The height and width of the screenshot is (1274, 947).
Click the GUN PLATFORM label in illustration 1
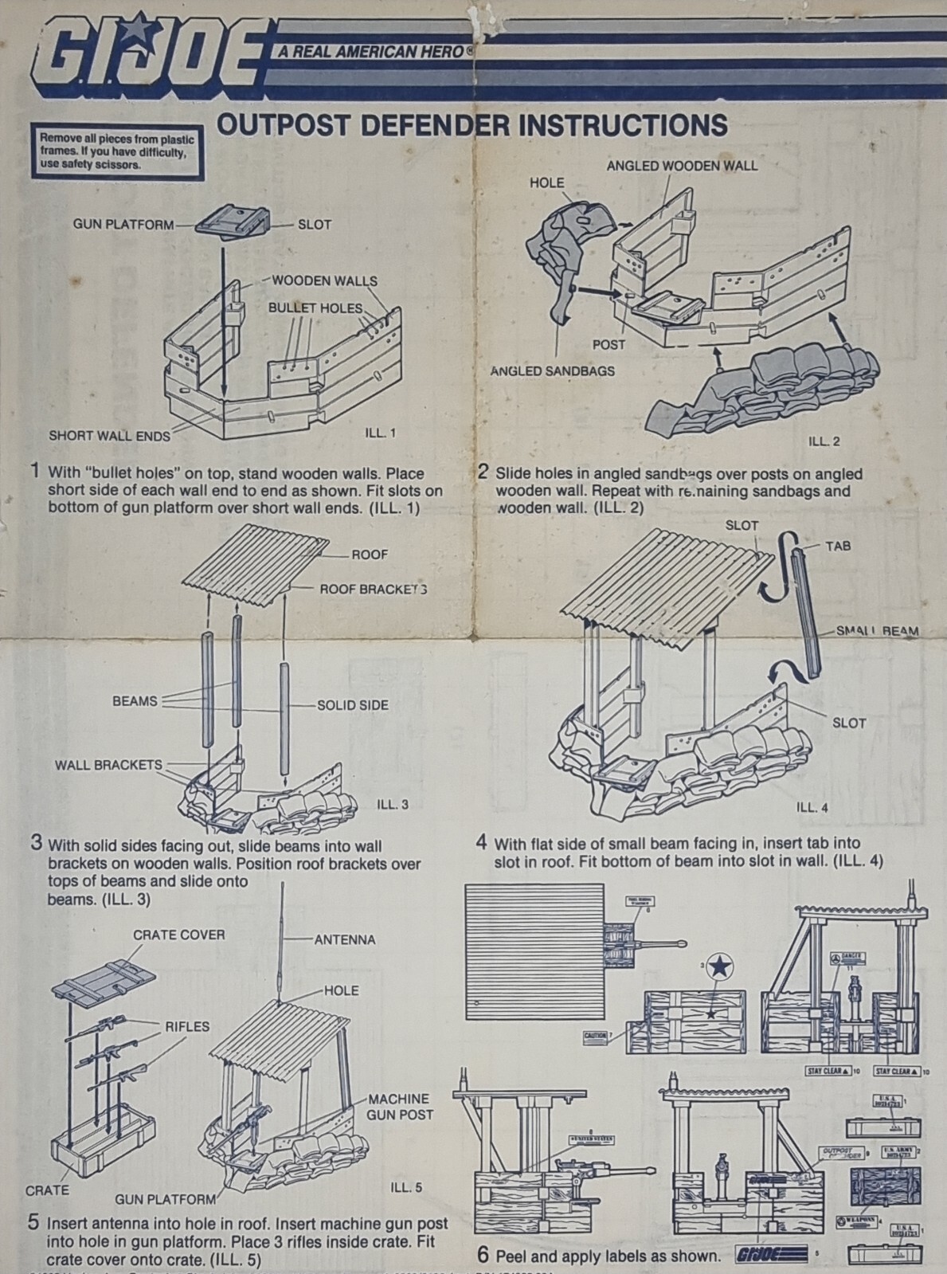click(123, 225)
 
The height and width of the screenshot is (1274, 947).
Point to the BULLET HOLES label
click(315, 308)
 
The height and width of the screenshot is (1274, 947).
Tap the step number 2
click(483, 471)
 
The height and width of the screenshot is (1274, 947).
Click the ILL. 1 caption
click(381, 433)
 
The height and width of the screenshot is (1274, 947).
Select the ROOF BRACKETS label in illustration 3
click(373, 590)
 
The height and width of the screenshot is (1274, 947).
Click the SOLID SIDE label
click(352, 705)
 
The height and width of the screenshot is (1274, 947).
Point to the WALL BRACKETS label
click(108, 765)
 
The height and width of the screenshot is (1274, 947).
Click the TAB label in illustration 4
click(838, 546)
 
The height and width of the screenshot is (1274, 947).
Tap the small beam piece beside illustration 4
click(805, 613)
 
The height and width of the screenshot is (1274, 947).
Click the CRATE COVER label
click(178, 935)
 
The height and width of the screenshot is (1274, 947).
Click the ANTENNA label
click(344, 939)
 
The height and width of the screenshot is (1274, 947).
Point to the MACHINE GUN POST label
click(399, 1106)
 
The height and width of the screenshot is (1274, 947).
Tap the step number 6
click(483, 1253)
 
